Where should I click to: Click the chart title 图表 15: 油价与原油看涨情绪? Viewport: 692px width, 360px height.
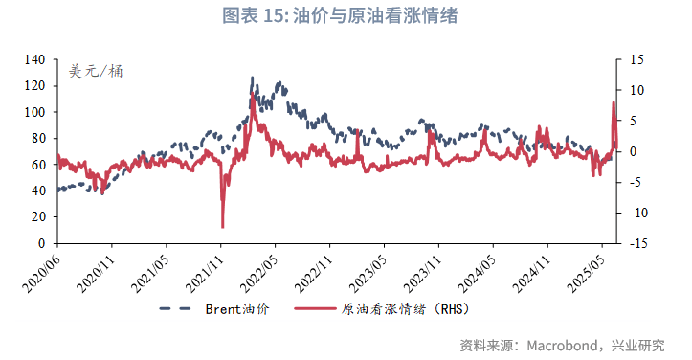click(x=346, y=15)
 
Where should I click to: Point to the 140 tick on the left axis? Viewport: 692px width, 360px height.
click(x=34, y=59)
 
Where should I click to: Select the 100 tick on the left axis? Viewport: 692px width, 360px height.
click(x=34, y=112)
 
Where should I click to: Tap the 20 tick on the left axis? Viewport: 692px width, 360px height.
click(x=38, y=217)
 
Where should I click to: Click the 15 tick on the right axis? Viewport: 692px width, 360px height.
click(x=635, y=59)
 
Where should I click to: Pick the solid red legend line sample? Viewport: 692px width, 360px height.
click(x=310, y=308)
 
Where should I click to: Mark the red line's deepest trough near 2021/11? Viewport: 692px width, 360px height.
click(x=223, y=227)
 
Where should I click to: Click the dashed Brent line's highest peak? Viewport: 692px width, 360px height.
click(x=253, y=78)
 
